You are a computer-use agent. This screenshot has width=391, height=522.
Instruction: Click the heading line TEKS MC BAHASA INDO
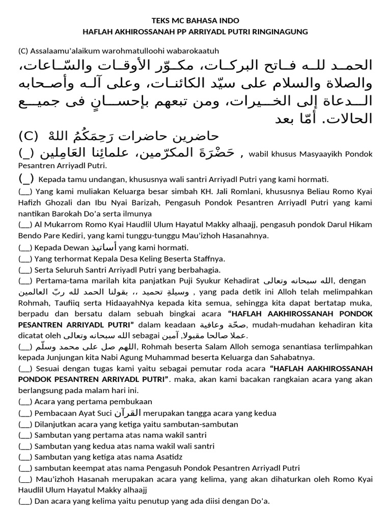tap(195, 20)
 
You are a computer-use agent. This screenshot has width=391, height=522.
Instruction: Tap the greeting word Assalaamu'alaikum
tap(63, 50)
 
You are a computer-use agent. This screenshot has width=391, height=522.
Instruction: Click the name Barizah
tap(133, 202)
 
